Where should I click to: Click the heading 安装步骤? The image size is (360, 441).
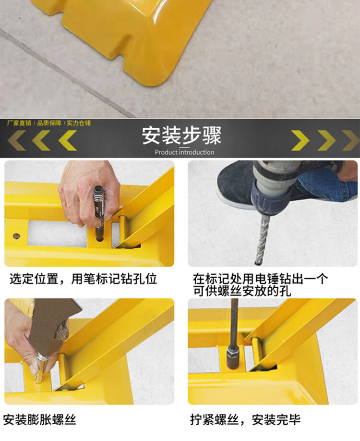pos(181,135)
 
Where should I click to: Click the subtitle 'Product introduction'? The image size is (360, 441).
pos(184,152)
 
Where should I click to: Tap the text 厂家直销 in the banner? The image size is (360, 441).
pos(19,123)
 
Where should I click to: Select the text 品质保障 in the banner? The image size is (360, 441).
pos(49,123)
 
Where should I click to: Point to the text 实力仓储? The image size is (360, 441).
pos(79,123)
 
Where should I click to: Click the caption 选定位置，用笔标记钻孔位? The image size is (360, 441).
pos(83,279)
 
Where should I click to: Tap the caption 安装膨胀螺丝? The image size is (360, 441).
pos(40,420)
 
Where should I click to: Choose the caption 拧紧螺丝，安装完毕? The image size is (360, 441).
pos(245,420)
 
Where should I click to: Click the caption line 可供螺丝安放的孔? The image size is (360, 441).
pos(242,291)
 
